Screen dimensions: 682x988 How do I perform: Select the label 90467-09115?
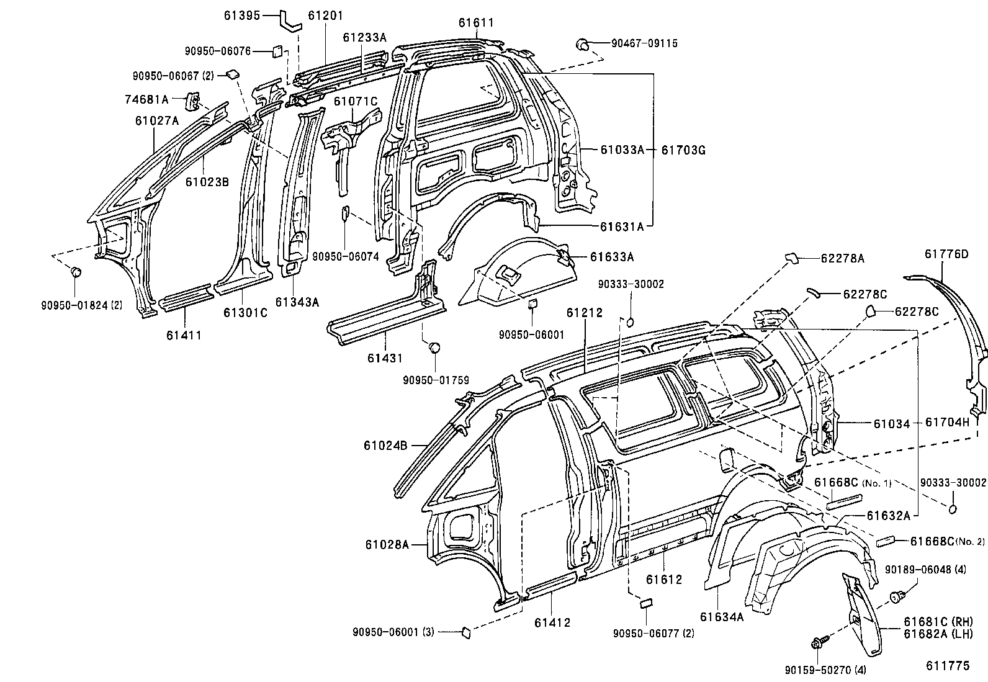(x=644, y=43)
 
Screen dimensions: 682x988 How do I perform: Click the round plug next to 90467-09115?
(x=583, y=43)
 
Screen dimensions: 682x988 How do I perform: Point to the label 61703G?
(x=684, y=150)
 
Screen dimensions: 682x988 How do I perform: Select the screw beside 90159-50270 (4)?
(x=817, y=644)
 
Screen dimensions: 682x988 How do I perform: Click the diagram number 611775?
(x=947, y=665)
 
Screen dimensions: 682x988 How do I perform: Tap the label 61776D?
(x=946, y=254)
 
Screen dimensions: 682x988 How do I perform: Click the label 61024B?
(x=385, y=445)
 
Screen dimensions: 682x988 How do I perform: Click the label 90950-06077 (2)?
(x=653, y=633)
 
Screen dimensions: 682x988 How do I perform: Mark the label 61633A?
(x=611, y=256)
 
